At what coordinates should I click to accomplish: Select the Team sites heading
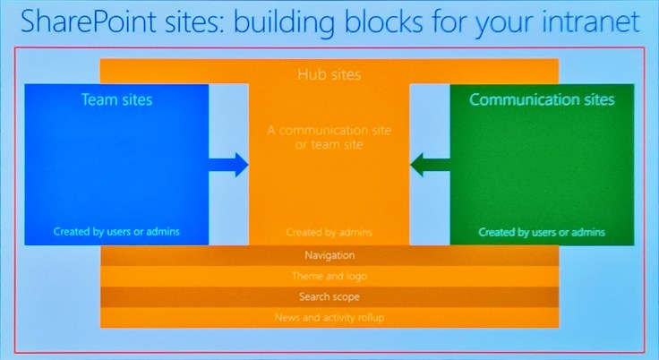pyautogui.click(x=116, y=99)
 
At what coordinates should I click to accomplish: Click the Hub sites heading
pyautogui.click(x=329, y=74)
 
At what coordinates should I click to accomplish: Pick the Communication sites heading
pyautogui.click(x=542, y=99)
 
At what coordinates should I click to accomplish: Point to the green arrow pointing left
pyautogui.click(x=430, y=164)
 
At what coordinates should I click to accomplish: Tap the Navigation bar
pyautogui.click(x=329, y=256)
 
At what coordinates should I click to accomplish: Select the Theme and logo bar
pyautogui.click(x=329, y=277)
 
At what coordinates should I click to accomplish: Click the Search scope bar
pyautogui.click(x=329, y=296)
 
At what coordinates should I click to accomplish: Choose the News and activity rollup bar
pyautogui.click(x=329, y=317)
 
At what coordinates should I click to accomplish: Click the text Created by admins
pyautogui.click(x=329, y=232)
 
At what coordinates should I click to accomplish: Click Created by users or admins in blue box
pyautogui.click(x=116, y=231)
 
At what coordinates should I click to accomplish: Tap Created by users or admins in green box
pyautogui.click(x=542, y=232)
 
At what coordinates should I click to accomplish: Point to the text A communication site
pyautogui.click(x=329, y=130)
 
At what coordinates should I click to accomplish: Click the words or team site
pyautogui.click(x=329, y=144)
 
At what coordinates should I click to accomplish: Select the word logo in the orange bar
pyautogui.click(x=355, y=277)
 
